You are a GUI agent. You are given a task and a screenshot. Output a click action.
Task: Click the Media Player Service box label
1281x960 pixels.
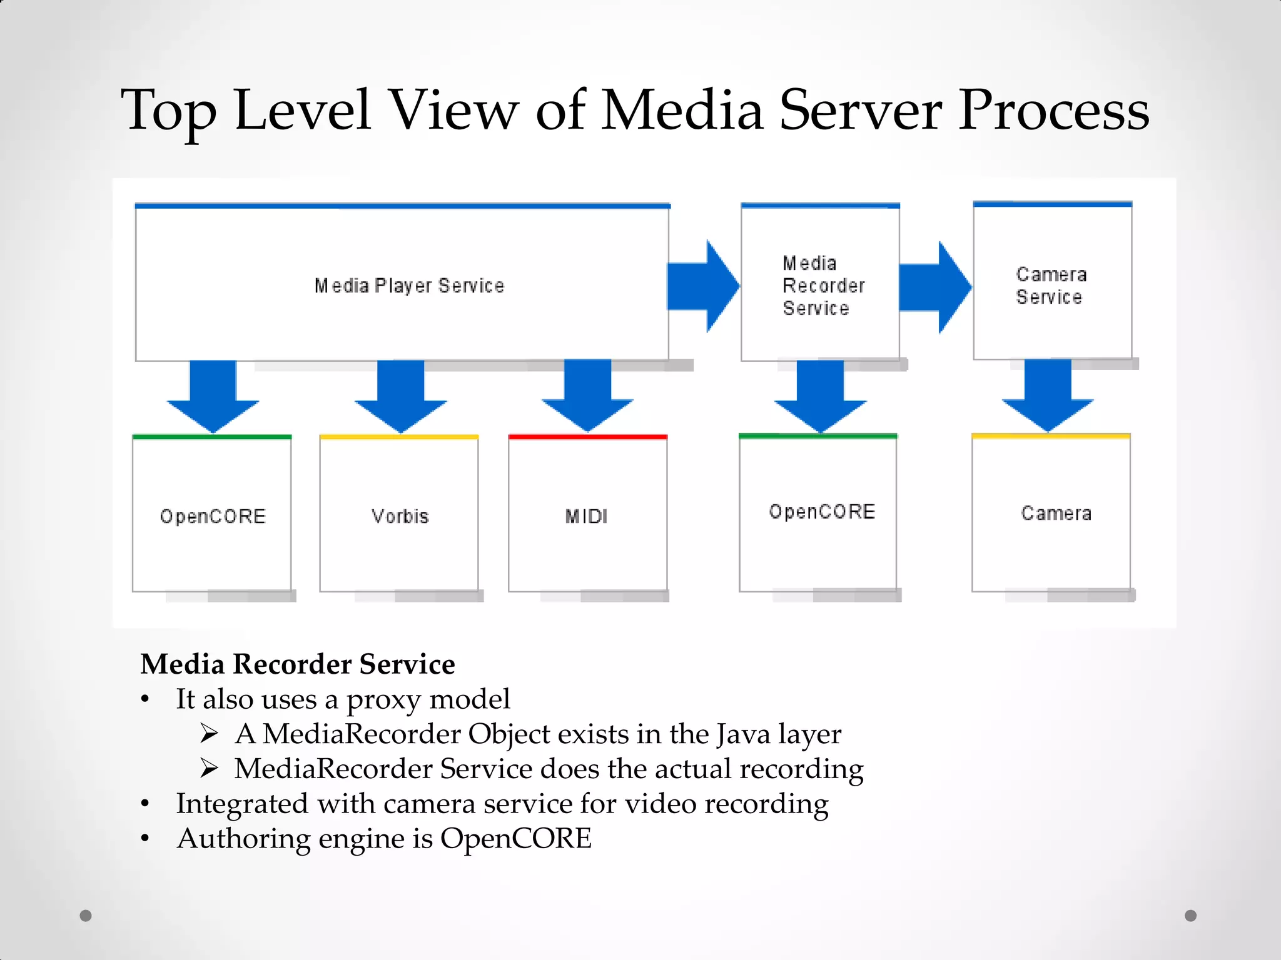click(x=409, y=286)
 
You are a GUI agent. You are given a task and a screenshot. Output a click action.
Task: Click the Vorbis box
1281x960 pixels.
click(x=399, y=516)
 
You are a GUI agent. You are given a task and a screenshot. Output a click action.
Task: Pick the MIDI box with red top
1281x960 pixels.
click(x=587, y=516)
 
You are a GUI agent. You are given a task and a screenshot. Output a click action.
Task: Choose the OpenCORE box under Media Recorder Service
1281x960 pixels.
click(x=819, y=512)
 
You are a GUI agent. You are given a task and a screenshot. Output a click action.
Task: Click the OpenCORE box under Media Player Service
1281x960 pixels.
click(x=212, y=516)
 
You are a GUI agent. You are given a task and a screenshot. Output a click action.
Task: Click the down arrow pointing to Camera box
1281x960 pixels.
click(x=1048, y=397)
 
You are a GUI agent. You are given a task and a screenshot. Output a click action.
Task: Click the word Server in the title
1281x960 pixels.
click(x=860, y=111)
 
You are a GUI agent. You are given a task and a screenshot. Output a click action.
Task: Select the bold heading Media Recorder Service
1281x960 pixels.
click(x=298, y=664)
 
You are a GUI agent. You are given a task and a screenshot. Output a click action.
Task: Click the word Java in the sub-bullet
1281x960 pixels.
click(x=743, y=734)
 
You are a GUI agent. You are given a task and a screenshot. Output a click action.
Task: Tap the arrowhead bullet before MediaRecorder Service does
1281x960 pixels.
click(x=209, y=768)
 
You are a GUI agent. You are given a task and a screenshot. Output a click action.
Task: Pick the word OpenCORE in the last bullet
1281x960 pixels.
click(x=515, y=839)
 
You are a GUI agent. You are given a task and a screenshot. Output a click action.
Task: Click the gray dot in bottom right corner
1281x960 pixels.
click(x=1190, y=916)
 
